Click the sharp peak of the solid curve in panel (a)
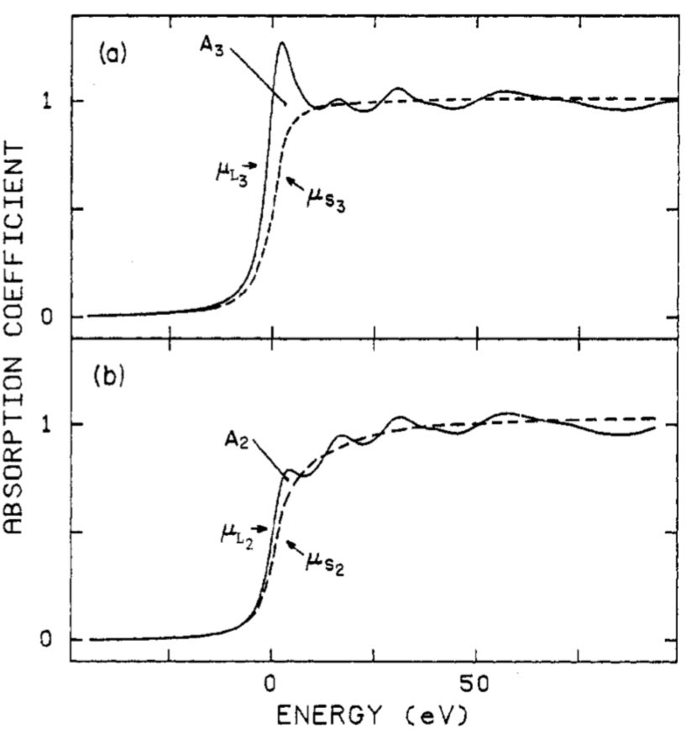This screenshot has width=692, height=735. (x=281, y=43)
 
